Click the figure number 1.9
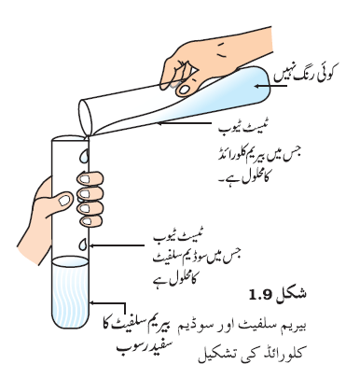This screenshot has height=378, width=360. point(261,294)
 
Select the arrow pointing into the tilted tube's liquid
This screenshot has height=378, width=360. point(270,86)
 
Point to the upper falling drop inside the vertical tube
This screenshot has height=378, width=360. point(84,156)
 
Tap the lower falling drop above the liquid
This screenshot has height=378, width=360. point(83,245)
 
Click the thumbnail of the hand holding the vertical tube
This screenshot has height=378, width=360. point(64,200)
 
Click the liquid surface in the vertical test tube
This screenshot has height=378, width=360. point(70,261)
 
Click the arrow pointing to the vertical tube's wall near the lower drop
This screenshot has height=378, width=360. point(117,245)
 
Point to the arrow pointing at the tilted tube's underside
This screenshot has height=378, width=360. point(184,123)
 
